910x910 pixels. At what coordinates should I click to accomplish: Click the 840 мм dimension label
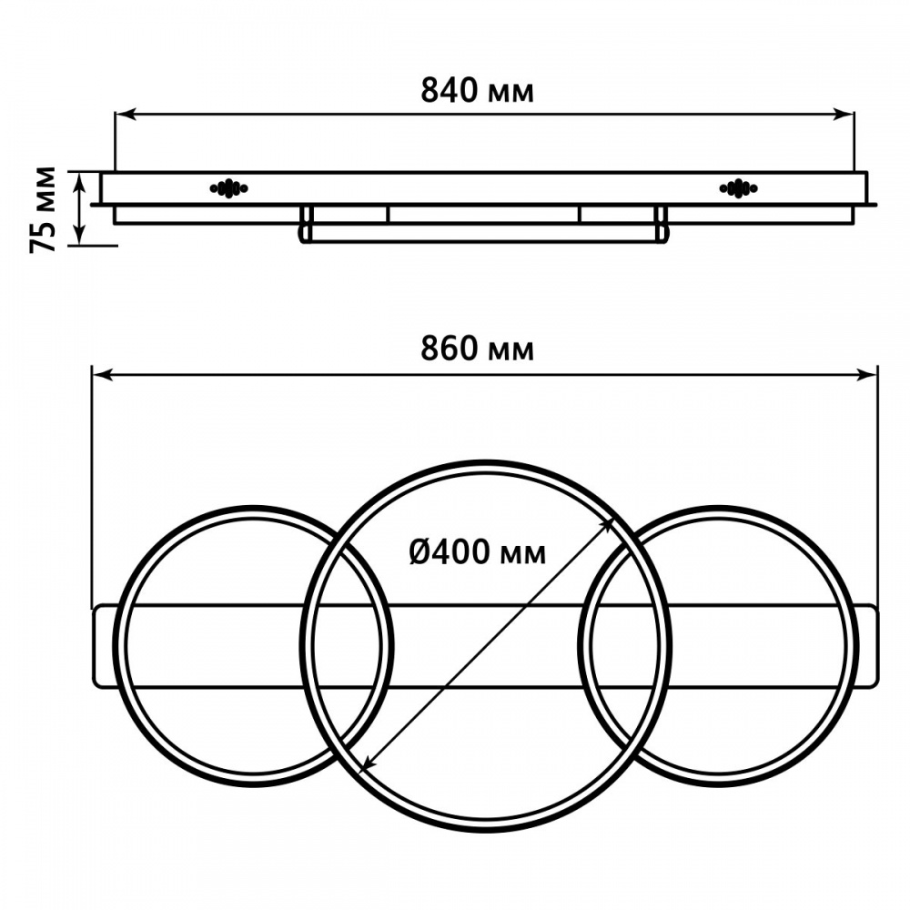point(477,91)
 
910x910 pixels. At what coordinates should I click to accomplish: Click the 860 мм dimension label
point(477,349)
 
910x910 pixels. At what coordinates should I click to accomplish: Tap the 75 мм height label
point(43,209)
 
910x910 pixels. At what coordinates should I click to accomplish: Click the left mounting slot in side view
point(228,188)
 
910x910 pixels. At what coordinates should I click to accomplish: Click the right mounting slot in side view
point(737,188)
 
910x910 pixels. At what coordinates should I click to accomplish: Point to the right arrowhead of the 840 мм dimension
point(846,114)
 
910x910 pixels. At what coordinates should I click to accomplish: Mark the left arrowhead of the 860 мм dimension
point(99,373)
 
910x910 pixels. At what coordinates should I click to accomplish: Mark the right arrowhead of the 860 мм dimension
point(870,373)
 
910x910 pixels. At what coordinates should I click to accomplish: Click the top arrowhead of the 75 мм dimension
point(82,178)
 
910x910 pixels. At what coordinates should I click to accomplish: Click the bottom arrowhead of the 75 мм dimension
point(82,238)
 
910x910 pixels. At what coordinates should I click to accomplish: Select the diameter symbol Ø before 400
point(420,551)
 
